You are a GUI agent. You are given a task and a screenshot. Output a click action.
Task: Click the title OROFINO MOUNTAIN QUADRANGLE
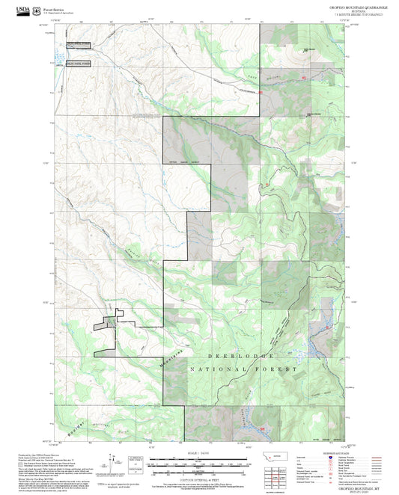coord(351,5)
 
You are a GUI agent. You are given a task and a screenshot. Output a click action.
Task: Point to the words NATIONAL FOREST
coord(244,369)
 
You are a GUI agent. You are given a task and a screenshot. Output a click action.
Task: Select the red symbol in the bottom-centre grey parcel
coord(264,428)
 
